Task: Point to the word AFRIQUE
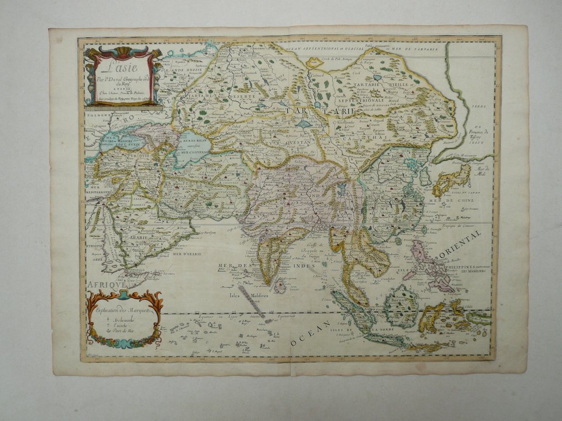(x=105, y=283)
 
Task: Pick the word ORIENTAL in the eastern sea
(x=460, y=244)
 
